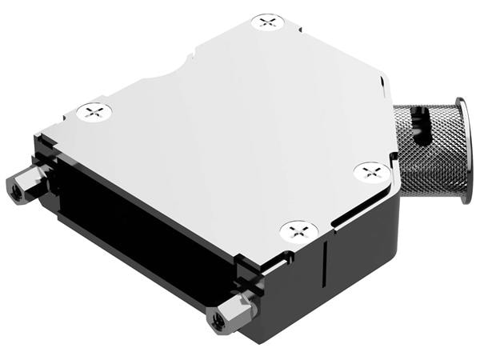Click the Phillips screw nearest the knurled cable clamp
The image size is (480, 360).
pyautogui.click(x=371, y=171)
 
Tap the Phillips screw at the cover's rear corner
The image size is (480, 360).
pyautogui.click(x=268, y=22)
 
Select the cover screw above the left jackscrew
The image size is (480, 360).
pyautogui.click(x=94, y=112)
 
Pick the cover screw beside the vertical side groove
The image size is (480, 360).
pyautogui.click(x=298, y=232)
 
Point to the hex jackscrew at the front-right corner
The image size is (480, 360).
pyautogui.click(x=228, y=314)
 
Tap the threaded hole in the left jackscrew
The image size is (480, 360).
pyautogui.click(x=14, y=190)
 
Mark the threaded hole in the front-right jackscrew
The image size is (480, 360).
pyautogui.click(x=217, y=322)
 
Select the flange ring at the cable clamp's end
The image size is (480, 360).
pyautogui.click(x=462, y=148)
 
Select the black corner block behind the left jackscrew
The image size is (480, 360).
pyautogui.click(x=44, y=152)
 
